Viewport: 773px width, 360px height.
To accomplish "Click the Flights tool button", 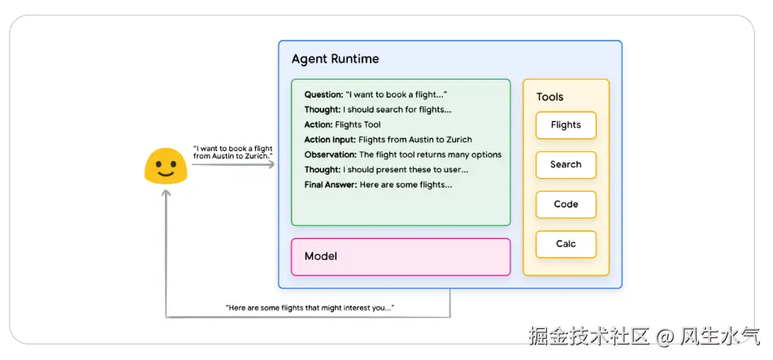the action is [566, 125].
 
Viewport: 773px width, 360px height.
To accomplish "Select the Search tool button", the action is [566, 165].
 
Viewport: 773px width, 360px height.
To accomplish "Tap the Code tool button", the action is [566, 205].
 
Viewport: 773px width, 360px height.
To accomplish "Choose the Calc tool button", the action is [566, 245].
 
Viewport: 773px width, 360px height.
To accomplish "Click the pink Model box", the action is [401, 257].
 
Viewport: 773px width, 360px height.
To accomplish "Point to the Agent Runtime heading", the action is [335, 59].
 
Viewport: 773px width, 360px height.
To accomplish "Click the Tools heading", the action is [549, 97].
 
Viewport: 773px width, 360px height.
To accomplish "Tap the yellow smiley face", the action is [166, 166].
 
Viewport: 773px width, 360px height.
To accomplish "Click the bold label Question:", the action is [324, 94].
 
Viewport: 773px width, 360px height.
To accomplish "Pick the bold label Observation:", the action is [330, 154].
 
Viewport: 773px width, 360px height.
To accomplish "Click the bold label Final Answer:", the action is [330, 184].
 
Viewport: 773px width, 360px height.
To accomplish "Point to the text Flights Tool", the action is [358, 124].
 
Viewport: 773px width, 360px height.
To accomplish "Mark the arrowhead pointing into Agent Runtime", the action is [272, 165].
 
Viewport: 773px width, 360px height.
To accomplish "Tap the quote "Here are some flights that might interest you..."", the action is [310, 308].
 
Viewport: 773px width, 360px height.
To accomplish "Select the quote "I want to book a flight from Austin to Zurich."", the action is [232, 151].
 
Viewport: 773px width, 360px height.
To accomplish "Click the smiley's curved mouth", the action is [166, 173].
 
